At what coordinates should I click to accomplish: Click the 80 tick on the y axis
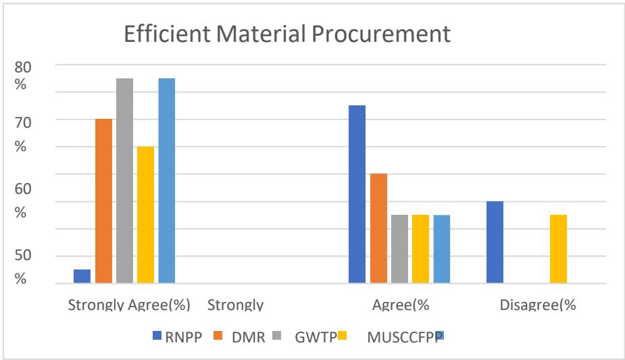point(24,66)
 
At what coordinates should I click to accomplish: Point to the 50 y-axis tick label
point(24,255)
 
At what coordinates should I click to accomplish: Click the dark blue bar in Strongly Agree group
point(82,276)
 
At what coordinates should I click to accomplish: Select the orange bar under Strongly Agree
point(103,201)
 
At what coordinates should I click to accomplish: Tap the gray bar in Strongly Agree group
point(124,180)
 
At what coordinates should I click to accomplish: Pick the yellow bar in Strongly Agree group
point(145,215)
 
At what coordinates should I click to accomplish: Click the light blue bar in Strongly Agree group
point(166,180)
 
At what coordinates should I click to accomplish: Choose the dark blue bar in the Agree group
point(357,194)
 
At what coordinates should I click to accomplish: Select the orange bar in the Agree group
point(378,228)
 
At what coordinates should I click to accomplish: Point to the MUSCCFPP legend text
point(404,338)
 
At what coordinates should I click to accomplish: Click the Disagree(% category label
point(537,305)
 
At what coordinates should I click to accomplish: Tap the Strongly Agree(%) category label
point(130,305)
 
